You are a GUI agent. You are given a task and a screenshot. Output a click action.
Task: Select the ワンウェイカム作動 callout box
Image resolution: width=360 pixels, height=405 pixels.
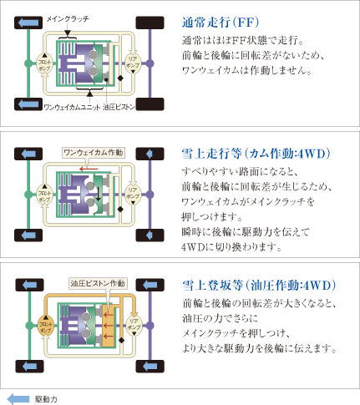coord(94,152)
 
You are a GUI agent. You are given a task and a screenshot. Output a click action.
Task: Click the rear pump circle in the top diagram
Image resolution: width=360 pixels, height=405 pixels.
coord(132,63)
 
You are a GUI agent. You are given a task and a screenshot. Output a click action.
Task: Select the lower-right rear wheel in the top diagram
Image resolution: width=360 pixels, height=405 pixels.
coord(149,103)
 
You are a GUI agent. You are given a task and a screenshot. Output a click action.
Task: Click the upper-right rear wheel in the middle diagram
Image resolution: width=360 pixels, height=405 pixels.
coord(149,153)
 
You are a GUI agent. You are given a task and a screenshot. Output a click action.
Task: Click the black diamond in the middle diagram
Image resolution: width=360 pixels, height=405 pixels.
coord(121,209)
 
